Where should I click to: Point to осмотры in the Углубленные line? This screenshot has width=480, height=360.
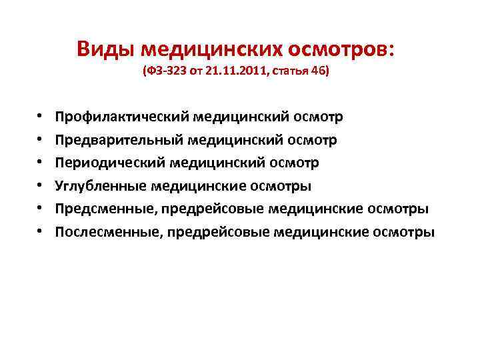(x=285, y=186)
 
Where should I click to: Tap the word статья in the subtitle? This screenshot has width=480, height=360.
(x=288, y=71)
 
